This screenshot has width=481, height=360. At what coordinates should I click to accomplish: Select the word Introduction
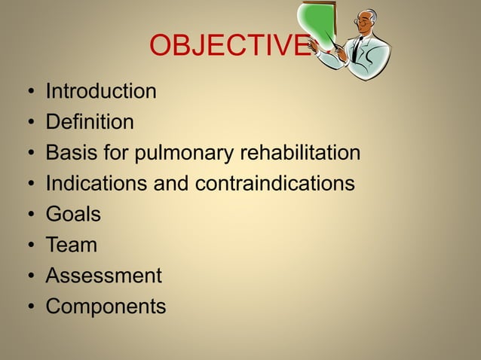[101, 92]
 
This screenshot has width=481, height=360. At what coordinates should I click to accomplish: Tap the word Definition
[90, 122]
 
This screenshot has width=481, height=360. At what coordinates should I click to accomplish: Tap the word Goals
[73, 215]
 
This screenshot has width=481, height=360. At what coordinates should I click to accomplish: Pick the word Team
[72, 245]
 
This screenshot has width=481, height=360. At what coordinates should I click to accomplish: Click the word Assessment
[103, 276]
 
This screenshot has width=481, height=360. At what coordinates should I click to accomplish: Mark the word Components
[106, 307]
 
